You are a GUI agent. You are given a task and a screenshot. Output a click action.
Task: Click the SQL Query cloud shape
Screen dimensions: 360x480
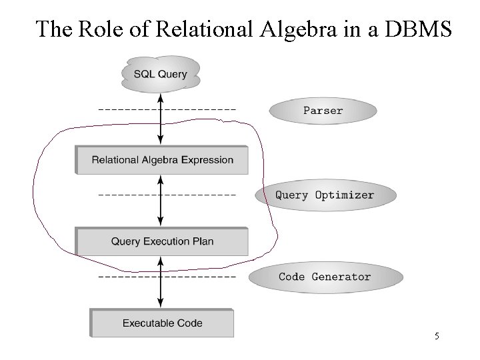coord(160,74)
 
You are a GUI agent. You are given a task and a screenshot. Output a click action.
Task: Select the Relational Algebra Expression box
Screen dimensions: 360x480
coord(162,160)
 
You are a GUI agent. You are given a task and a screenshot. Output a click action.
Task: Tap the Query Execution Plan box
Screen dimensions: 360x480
coord(162,241)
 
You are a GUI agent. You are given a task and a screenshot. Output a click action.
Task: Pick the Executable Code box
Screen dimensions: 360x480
coord(162,323)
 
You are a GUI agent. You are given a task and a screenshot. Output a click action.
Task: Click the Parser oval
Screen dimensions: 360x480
coord(323,111)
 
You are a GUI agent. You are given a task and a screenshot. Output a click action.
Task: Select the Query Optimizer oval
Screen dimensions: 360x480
coord(325,195)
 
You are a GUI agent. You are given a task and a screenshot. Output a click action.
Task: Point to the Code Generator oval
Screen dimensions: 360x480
coord(325,277)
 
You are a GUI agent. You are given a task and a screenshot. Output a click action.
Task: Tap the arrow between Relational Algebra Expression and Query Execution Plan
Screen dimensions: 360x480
coord(160,201)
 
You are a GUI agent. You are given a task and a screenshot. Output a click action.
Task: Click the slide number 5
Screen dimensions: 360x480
coord(437,337)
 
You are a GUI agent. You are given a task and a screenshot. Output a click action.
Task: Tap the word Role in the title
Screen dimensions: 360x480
coord(101,29)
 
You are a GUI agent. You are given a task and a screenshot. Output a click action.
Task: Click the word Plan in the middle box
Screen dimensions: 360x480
coord(203,241)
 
